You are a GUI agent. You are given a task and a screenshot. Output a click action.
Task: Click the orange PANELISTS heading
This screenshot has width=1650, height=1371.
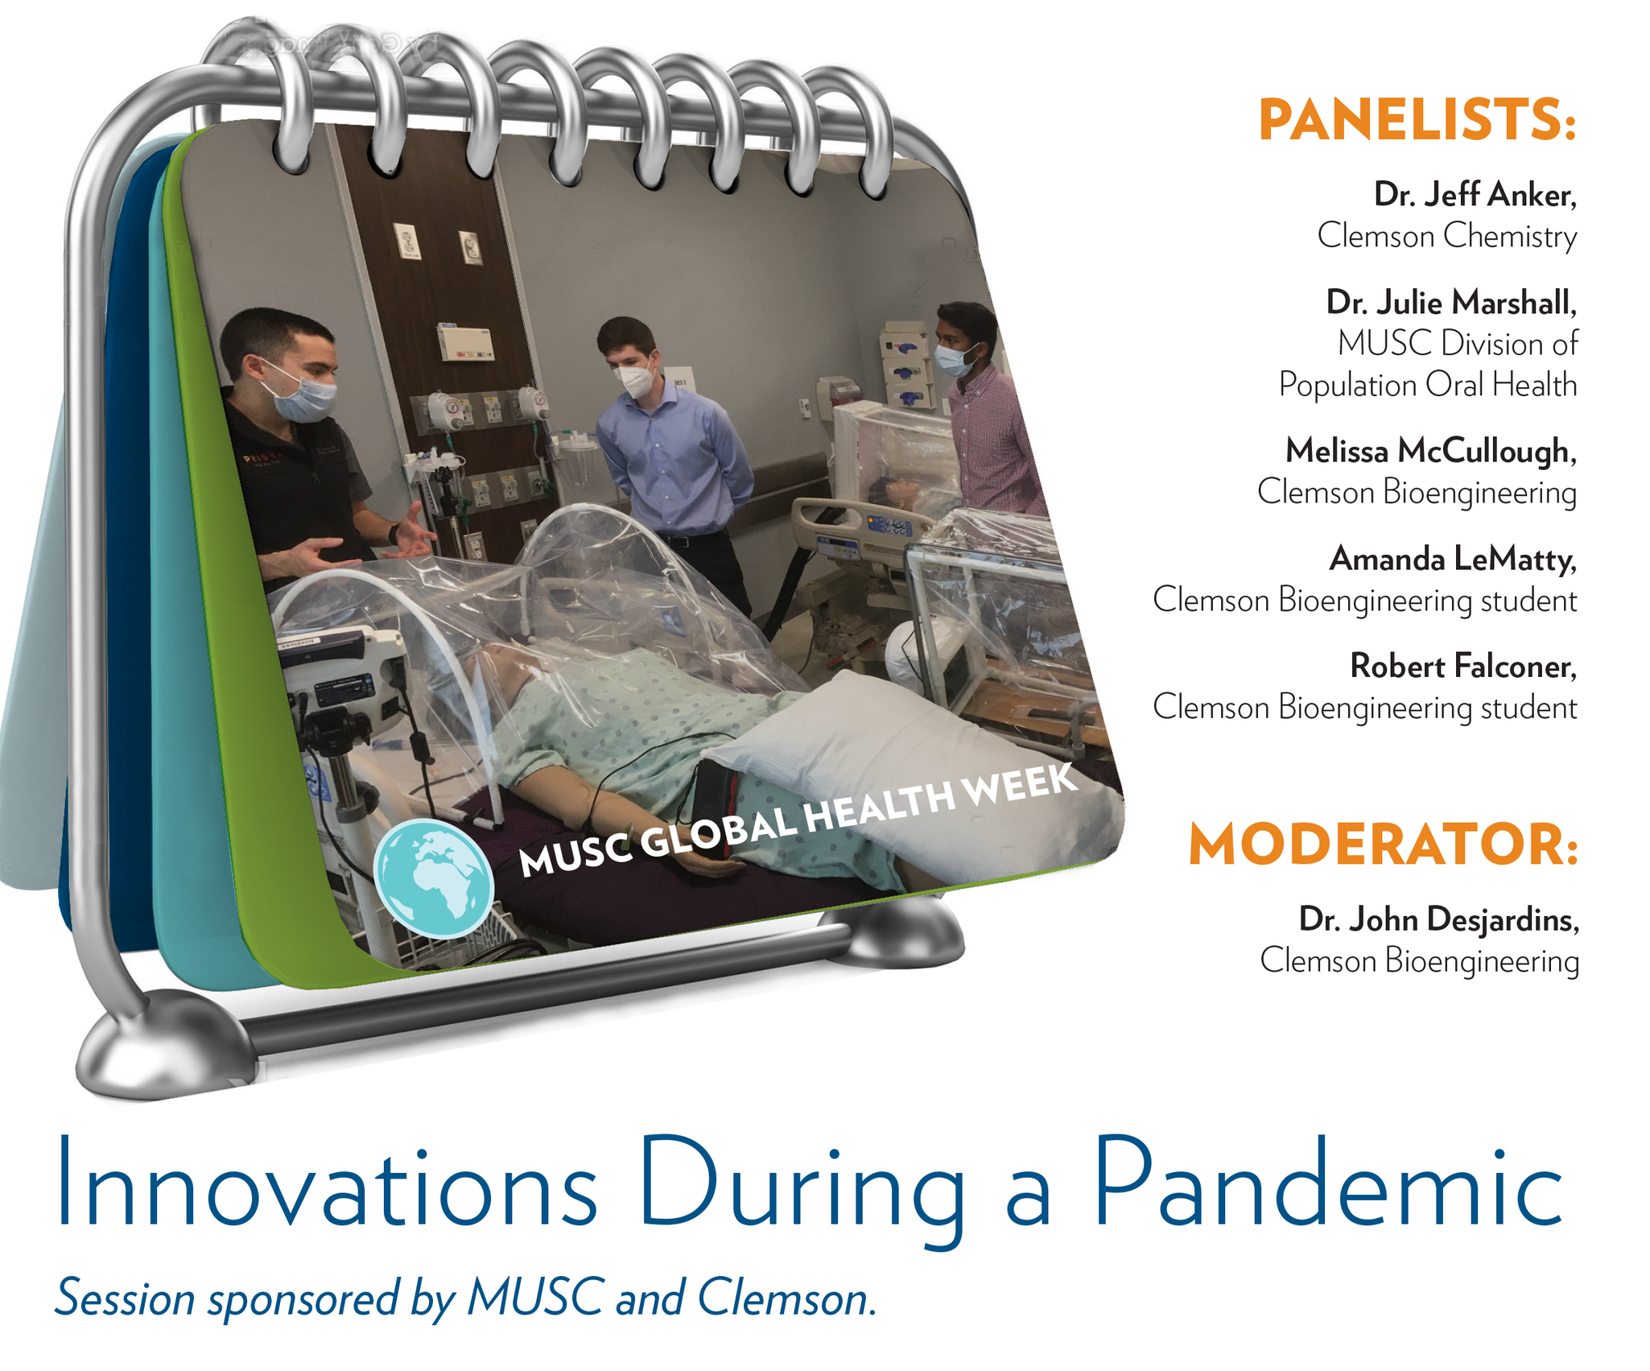pos(1417,121)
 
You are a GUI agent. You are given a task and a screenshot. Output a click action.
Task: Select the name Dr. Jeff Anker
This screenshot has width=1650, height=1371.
pos(1475,195)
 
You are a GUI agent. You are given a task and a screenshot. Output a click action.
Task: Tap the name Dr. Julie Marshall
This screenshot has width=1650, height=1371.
pos(1451,303)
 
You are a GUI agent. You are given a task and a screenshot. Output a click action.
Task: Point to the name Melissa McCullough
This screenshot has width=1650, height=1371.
pos(1431,451)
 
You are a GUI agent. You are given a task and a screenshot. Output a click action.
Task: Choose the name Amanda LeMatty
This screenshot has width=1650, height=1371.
pos(1453,559)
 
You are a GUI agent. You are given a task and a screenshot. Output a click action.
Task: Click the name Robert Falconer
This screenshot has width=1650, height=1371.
pos(1463,666)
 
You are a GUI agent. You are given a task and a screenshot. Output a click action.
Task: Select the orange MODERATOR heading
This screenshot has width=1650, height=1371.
pos(1384,845)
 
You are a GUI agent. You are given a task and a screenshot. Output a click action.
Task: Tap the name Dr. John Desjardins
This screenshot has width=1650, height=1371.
pos(1439,919)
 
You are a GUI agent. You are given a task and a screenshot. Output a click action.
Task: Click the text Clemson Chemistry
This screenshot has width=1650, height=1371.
pos(1447,237)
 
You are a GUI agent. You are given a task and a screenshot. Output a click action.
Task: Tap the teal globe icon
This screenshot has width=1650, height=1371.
pos(433,878)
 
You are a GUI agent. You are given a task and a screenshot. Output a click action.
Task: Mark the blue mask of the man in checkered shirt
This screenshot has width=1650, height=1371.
pos(955,360)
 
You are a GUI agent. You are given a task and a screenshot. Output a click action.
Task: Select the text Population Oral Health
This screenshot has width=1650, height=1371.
pos(1428,385)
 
